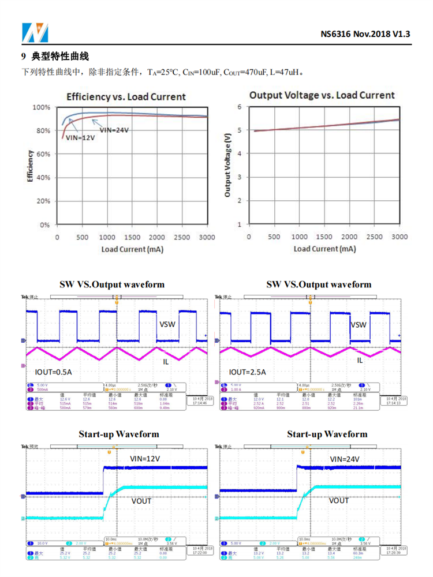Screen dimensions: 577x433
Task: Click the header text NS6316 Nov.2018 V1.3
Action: (365, 33)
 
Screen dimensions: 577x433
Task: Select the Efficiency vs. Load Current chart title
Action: (126, 97)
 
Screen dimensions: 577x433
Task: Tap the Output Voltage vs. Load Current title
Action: (322, 95)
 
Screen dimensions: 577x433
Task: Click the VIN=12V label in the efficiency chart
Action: (80, 138)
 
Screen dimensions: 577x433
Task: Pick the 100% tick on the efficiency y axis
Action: (41, 107)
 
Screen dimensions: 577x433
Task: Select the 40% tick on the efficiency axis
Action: (43, 178)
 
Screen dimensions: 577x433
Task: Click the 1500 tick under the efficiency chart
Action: (132, 238)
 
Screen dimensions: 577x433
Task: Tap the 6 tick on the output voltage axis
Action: (240, 107)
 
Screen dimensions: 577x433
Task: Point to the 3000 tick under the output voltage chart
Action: (399, 237)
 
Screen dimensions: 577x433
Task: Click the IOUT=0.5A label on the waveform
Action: (53, 372)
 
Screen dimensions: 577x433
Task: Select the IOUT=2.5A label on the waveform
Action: (247, 372)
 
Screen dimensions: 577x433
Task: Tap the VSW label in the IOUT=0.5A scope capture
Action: (167, 325)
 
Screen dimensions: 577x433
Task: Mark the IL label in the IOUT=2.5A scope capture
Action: (360, 360)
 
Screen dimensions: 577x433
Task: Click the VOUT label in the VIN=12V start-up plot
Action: (141, 501)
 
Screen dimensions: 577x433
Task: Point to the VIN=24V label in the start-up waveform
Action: (345, 459)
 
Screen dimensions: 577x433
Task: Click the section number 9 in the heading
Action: (24, 57)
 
